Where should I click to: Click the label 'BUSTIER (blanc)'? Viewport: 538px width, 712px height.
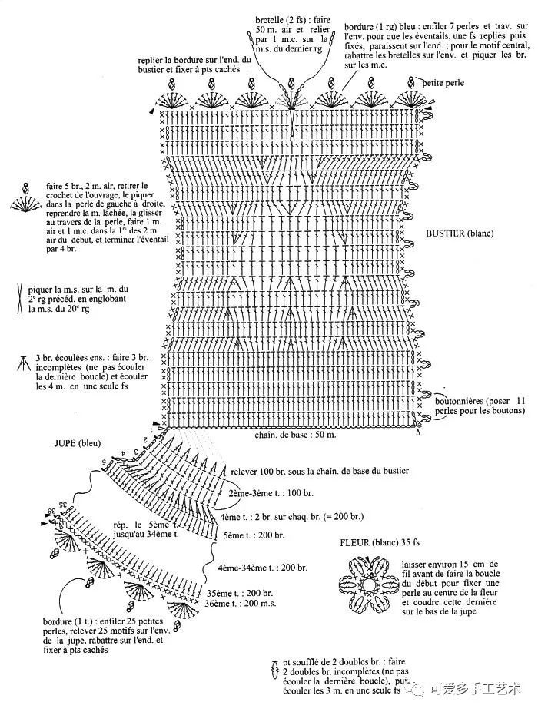(x=459, y=233)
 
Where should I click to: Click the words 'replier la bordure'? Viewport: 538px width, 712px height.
(x=174, y=59)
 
